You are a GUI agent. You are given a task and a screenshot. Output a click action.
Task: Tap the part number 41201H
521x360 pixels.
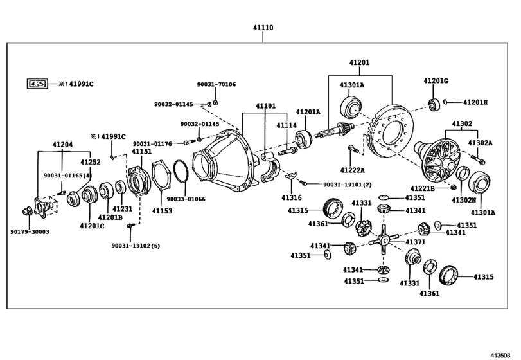475,102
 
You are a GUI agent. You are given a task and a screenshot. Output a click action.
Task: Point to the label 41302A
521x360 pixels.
479,143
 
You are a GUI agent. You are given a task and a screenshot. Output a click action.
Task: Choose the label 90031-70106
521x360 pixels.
216,84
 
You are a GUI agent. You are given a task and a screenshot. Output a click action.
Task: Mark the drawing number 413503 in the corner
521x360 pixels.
504,352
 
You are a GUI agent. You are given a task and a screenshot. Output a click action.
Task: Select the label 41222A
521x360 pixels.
352,170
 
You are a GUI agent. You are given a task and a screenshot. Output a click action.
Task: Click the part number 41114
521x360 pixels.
287,125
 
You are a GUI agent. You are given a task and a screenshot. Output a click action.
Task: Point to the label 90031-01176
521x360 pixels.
152,143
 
